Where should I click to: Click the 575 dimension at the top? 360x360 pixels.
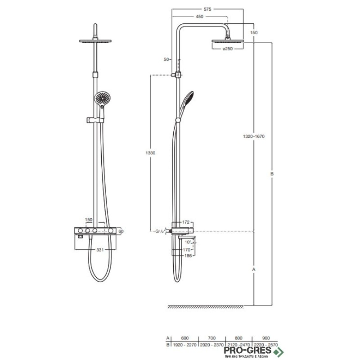[207, 9]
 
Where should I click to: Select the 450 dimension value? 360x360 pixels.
[199, 17]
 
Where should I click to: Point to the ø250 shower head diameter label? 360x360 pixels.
[228, 49]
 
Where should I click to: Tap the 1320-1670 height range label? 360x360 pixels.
[254, 136]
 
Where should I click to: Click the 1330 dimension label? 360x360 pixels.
[150, 153]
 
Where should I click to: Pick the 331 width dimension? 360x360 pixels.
[100, 250]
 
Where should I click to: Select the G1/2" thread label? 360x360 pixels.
[161, 231]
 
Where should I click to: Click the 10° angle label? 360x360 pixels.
[188, 242]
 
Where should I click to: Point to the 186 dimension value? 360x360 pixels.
[188, 256]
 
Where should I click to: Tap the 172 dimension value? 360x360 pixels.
[186, 222]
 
